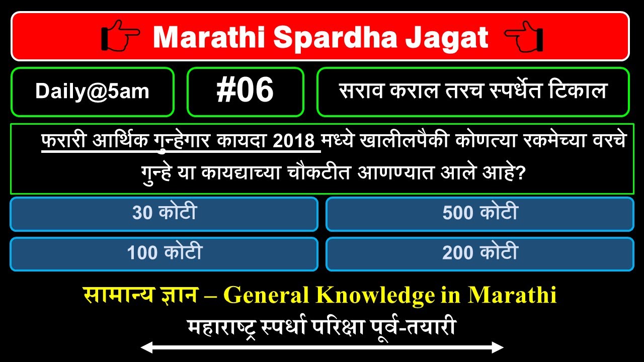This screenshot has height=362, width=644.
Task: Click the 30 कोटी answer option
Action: click(x=164, y=214)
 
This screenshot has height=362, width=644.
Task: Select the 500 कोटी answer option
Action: click(x=479, y=214)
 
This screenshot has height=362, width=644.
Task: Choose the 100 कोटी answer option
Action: click(x=164, y=253)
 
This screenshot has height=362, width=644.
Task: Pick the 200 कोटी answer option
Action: click(x=479, y=253)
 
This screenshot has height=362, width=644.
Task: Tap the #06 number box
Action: click(x=245, y=92)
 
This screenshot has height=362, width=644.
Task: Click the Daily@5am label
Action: click(x=92, y=92)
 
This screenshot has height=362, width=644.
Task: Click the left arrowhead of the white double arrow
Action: click(x=145, y=347)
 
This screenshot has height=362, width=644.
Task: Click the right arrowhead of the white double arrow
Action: click(x=499, y=347)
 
